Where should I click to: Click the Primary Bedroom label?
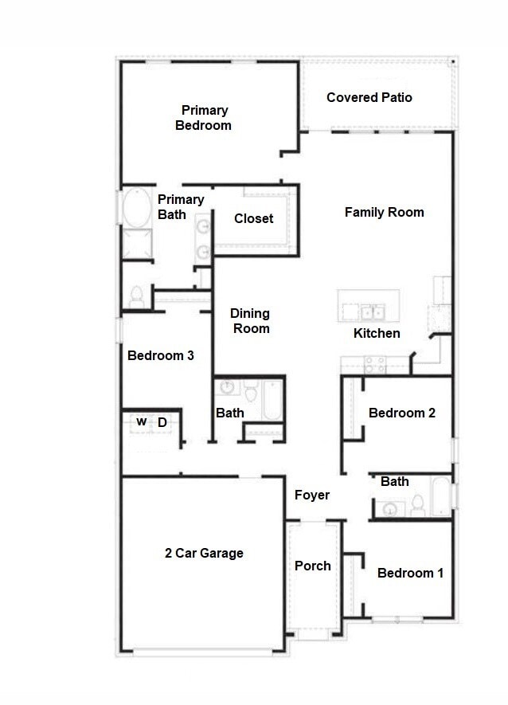[204, 118]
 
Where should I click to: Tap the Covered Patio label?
[369, 97]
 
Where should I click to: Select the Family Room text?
[384, 212]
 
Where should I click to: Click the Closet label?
[253, 218]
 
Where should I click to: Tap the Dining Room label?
[250, 321]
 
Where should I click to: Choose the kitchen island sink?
[370, 311]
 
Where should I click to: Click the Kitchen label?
[377, 333]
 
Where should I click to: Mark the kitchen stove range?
[374, 365]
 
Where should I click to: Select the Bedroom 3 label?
[160, 355]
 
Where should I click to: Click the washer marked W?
[141, 422]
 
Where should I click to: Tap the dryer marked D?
[162, 422]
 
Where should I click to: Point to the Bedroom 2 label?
[401, 413]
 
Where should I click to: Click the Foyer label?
[312, 495]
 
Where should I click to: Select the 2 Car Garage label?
[204, 553]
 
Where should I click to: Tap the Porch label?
[312, 566]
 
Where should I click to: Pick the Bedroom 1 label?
[410, 573]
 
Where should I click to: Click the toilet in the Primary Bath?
[136, 297]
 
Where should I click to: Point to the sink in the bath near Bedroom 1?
[390, 508]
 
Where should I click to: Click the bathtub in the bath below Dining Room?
[272, 401]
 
